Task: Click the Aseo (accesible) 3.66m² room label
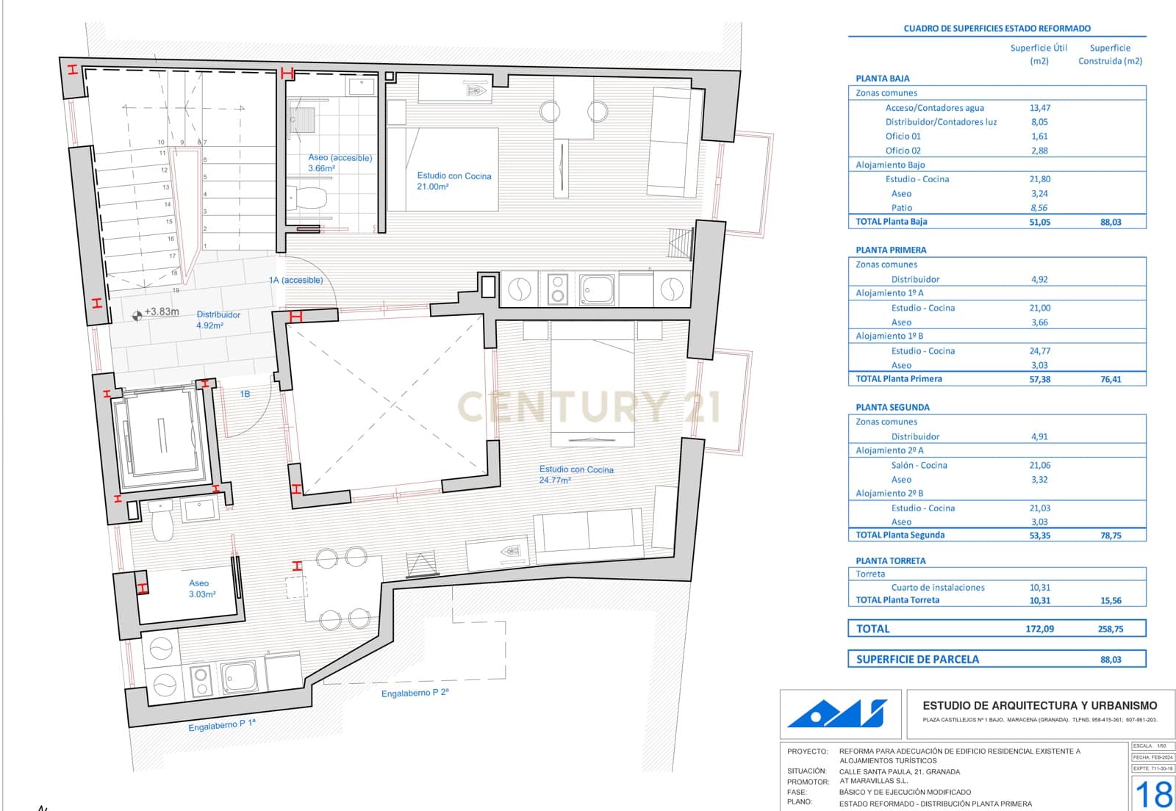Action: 340,162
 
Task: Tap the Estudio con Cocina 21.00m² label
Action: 453,181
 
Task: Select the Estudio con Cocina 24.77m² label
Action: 576,474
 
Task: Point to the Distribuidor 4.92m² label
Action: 218,320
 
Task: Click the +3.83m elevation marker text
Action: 161,311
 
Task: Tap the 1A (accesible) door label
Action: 295,280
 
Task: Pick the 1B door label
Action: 245,394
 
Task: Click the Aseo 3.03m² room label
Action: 200,588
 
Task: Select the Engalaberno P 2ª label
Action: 415,693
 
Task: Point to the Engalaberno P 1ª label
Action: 221,725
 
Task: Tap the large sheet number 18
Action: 1154,794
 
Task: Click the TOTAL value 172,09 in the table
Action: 1039,629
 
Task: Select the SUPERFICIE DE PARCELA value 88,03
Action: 1111,660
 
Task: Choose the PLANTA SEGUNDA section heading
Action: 892,407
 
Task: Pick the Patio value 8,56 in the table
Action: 1039,208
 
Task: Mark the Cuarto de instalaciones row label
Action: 937,587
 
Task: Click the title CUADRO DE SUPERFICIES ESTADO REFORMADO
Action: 997,29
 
